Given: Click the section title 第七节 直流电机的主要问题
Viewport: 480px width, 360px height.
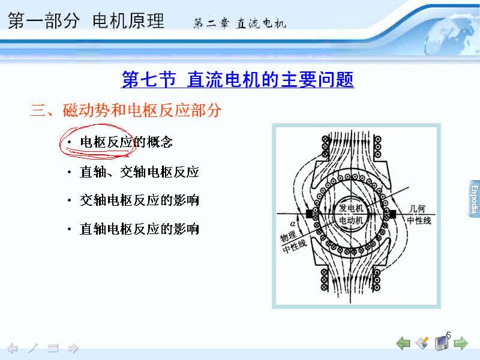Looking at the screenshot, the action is (x=238, y=79).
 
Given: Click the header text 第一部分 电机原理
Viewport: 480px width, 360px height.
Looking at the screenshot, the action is (x=86, y=20).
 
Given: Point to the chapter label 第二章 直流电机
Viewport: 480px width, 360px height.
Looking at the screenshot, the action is (x=239, y=23).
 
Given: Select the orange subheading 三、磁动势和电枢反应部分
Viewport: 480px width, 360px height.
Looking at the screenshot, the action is (x=125, y=110).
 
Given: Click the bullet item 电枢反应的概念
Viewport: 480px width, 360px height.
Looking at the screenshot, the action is (x=126, y=142).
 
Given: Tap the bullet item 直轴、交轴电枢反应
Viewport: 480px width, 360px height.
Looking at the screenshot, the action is (x=139, y=172).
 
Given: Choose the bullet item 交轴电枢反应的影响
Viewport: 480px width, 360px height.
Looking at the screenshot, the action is (x=139, y=200).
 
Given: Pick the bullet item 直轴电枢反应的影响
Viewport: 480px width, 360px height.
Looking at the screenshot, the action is (x=139, y=229).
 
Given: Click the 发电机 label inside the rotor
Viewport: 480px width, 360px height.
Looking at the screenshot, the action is (x=351, y=208).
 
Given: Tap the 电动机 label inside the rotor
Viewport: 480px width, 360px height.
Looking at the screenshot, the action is (x=351, y=220).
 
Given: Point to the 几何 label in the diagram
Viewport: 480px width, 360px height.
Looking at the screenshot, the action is (x=417, y=209).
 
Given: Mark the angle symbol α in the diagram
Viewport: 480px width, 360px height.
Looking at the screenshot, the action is (x=293, y=224).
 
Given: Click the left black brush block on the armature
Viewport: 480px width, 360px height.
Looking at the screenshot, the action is (x=310, y=214).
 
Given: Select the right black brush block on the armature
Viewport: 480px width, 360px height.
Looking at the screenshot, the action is (x=392, y=214).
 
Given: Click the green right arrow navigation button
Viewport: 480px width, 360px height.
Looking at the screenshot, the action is (x=461, y=343).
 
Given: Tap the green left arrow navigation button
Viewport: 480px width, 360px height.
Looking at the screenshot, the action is (x=403, y=343).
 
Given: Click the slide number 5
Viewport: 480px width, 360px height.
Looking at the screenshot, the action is (x=448, y=335).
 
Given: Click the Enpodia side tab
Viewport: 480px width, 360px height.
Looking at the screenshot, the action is (x=474, y=199).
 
